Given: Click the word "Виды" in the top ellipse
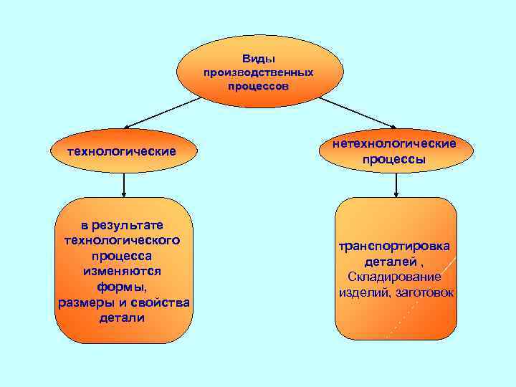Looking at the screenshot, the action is [x=258, y=59].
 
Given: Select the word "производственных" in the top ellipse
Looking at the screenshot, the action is [x=258, y=72].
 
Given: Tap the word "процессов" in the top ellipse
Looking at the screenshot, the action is [x=258, y=85].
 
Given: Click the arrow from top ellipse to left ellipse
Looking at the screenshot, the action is [x=155, y=113].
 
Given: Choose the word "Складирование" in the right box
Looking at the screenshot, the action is [x=395, y=277].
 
